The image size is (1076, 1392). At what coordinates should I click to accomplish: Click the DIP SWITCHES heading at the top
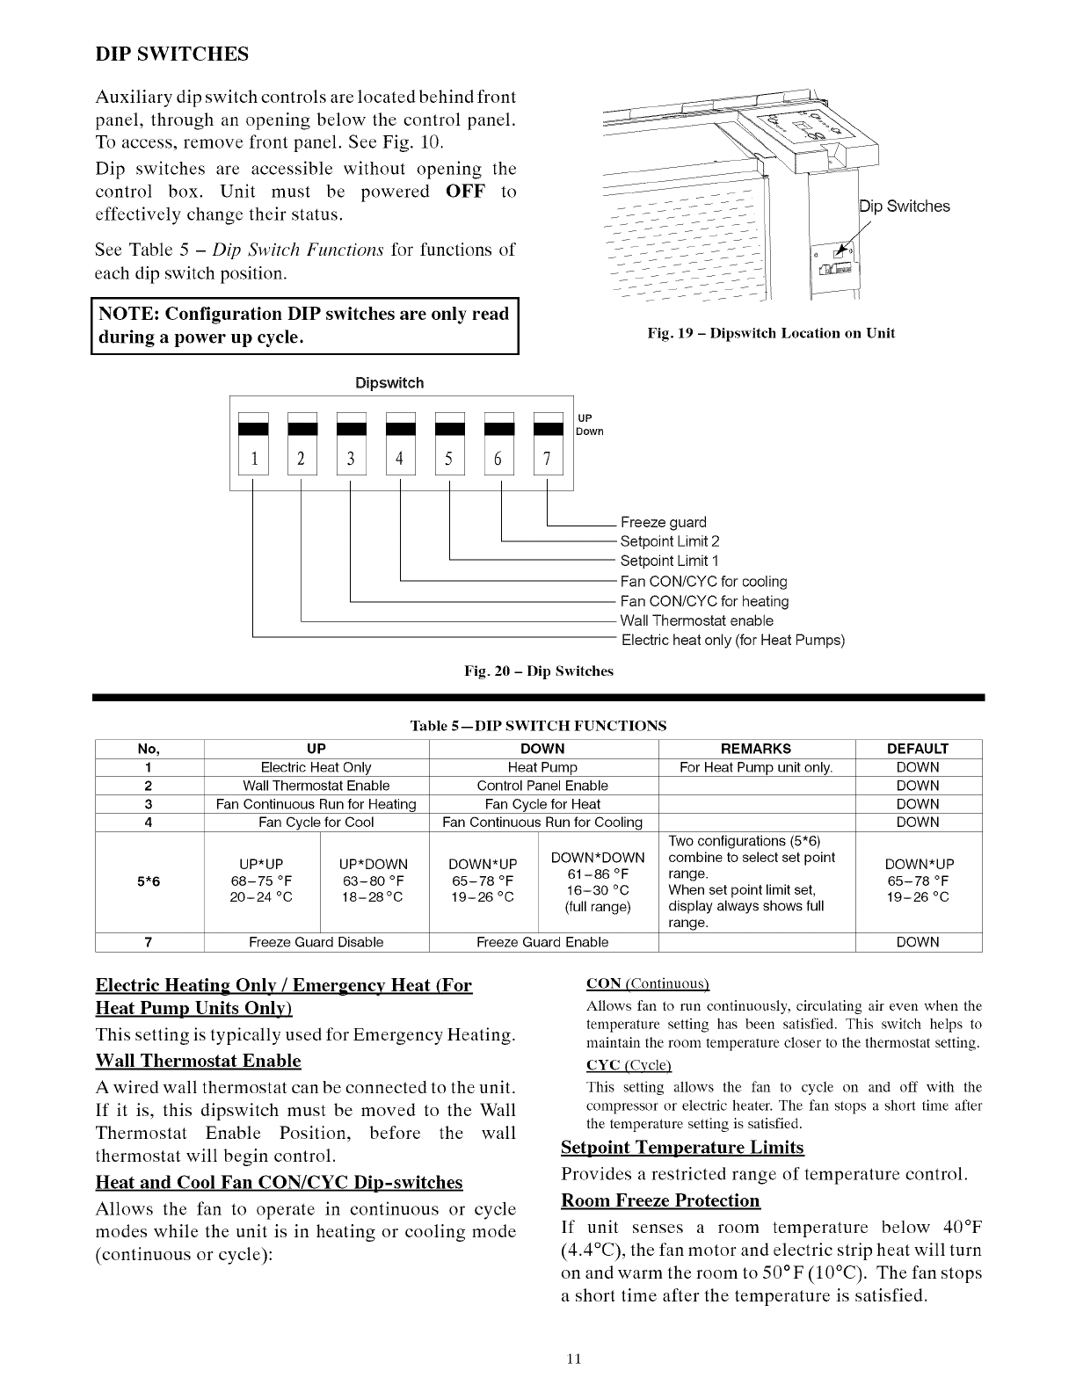tap(172, 54)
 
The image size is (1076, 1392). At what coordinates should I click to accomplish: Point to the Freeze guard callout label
tap(663, 522)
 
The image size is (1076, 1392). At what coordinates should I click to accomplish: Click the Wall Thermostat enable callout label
tap(696, 620)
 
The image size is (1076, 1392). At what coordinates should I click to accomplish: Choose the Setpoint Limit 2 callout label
tap(669, 541)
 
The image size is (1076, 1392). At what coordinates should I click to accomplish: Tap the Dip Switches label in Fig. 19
tap(905, 207)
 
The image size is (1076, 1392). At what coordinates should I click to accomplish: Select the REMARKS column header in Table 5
tap(756, 749)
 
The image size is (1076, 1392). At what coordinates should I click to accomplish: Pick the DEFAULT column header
tap(918, 749)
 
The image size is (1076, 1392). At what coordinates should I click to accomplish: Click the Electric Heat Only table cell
tap(316, 767)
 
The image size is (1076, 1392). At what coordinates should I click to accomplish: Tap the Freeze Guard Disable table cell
tap(316, 942)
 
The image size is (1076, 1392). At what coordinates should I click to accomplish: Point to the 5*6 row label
tap(149, 881)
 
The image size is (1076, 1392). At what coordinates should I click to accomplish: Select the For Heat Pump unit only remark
tap(756, 767)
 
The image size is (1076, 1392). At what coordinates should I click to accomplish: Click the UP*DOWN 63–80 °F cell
tap(374, 881)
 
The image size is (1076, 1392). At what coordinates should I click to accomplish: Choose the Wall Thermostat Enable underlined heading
tap(198, 1061)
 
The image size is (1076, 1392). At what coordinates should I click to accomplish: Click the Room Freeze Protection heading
tap(660, 1200)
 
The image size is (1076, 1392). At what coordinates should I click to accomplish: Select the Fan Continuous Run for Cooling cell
tap(542, 823)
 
